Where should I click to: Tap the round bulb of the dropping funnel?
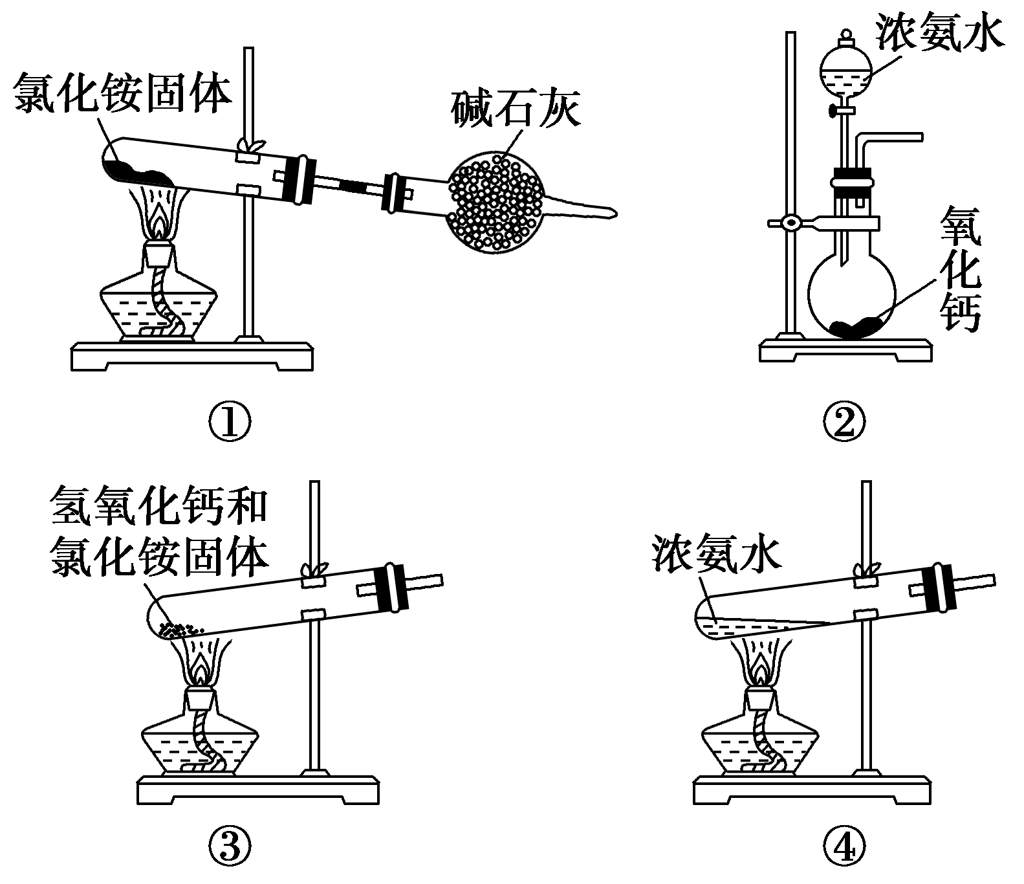[846, 71]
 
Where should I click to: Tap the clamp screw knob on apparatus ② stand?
[789, 223]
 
